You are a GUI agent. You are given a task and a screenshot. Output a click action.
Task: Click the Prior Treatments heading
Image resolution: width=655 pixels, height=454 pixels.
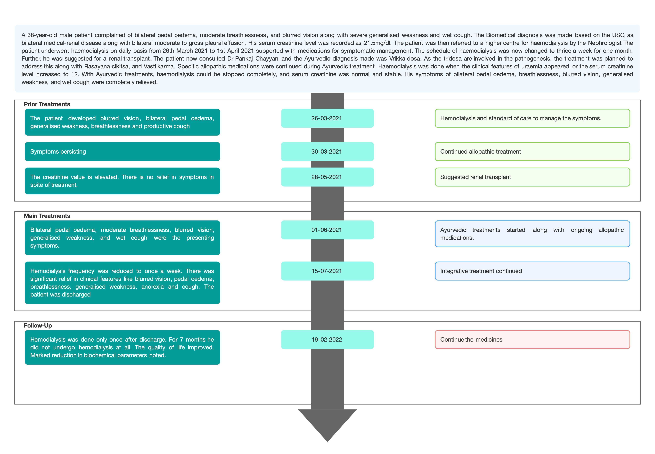pos(47,104)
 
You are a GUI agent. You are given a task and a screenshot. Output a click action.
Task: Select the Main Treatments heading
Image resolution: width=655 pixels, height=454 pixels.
pos(47,216)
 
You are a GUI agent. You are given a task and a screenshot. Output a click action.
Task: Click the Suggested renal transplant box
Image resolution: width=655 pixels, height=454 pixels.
pos(532,177)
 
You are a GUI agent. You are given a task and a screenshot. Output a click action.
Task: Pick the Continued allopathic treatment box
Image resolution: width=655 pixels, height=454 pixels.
pos(532,152)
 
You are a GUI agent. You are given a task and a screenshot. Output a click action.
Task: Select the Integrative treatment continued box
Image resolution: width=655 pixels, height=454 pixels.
pos(532,271)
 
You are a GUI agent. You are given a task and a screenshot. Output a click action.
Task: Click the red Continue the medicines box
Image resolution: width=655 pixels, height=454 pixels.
pos(532,340)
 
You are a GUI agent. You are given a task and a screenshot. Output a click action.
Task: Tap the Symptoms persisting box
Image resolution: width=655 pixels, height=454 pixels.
pos(122,152)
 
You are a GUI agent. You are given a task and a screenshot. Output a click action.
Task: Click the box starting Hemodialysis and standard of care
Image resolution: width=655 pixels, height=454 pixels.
pos(532,118)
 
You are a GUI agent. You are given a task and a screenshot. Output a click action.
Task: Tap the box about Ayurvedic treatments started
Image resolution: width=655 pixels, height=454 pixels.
pos(532,234)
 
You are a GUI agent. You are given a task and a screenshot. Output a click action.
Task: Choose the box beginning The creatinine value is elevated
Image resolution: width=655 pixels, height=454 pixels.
pos(122,181)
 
